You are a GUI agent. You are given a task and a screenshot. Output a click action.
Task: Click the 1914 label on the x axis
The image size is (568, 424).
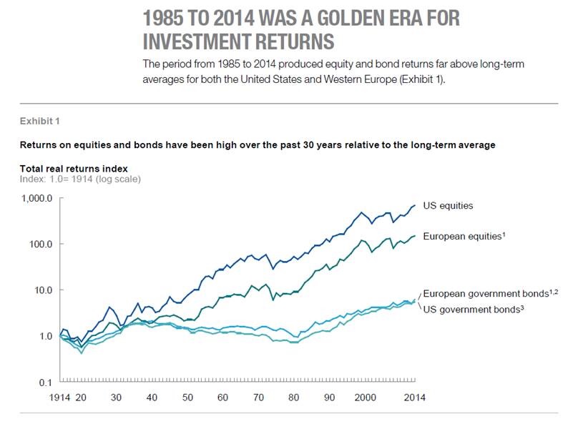pyautogui.click(x=60, y=397)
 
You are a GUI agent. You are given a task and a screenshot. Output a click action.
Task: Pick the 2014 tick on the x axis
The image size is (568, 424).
pyautogui.click(x=411, y=397)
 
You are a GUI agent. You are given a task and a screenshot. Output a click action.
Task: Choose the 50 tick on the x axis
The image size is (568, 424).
pyautogui.click(x=187, y=397)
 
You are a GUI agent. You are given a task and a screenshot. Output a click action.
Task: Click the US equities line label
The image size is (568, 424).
pyautogui.click(x=448, y=206)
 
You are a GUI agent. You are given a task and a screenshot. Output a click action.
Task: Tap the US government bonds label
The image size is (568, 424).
pyautogui.click(x=471, y=309)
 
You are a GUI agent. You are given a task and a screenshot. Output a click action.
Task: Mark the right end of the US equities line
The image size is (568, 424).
pyautogui.click(x=415, y=205)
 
